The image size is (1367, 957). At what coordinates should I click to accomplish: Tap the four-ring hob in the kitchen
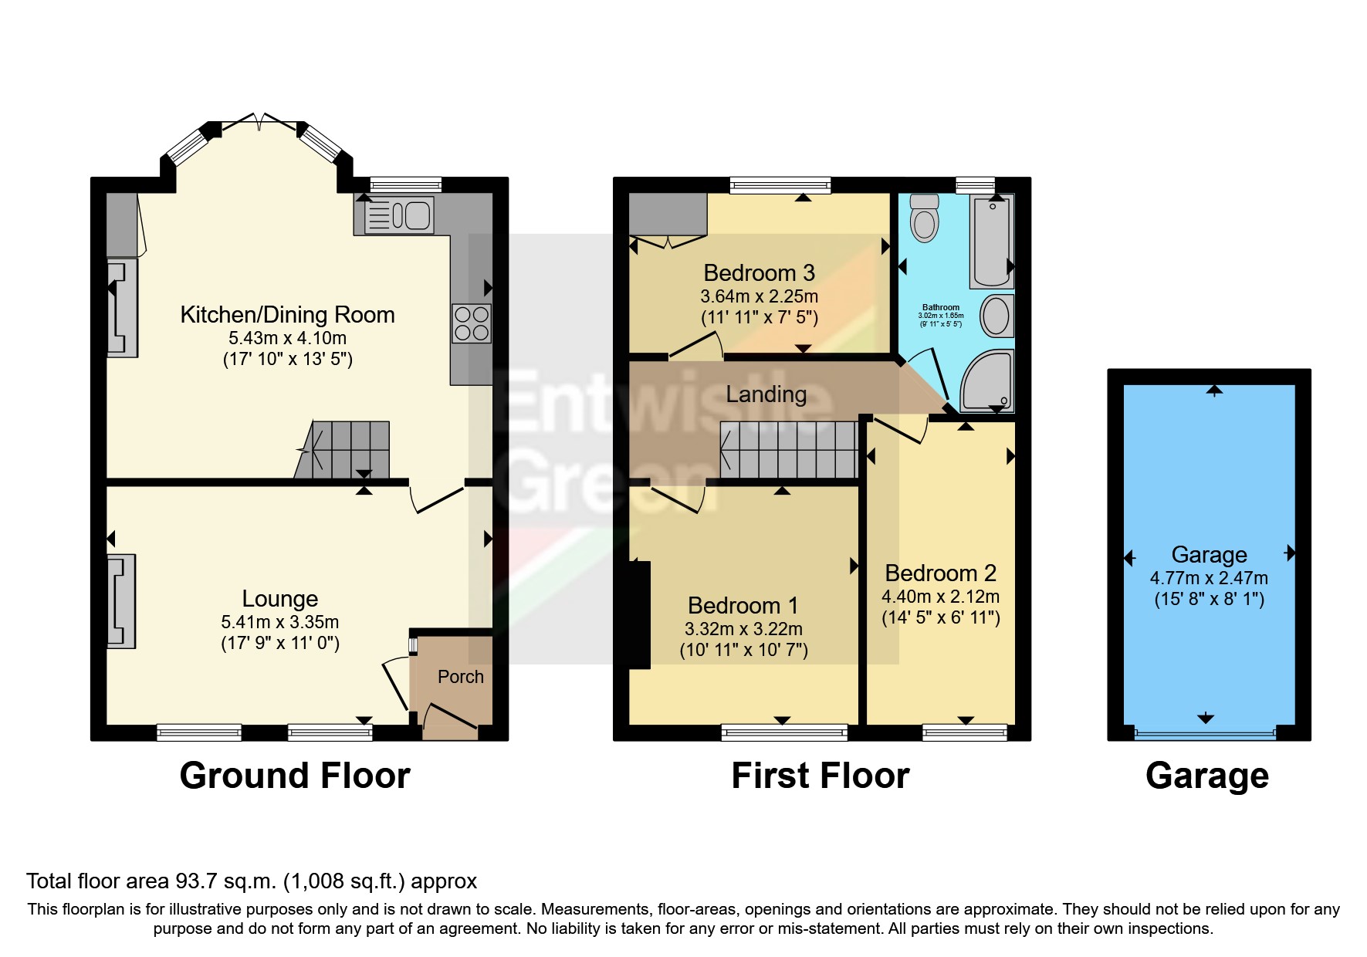click(471, 323)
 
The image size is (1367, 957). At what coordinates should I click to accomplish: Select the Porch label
click(460, 677)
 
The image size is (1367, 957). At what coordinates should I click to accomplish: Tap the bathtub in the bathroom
click(992, 241)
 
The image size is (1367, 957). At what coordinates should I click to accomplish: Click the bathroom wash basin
click(996, 316)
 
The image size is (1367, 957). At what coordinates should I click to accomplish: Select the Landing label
click(766, 394)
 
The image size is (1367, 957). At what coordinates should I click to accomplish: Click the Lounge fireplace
click(121, 601)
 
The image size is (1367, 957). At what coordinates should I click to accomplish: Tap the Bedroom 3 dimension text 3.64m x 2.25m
click(759, 296)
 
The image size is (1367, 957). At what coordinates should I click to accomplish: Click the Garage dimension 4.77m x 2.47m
click(1209, 578)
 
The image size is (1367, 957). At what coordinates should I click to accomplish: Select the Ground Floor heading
click(295, 776)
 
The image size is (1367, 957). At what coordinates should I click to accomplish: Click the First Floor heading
click(820, 776)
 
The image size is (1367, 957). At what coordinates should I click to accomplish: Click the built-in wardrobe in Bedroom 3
click(668, 214)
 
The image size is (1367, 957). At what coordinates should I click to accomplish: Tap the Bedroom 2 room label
click(940, 573)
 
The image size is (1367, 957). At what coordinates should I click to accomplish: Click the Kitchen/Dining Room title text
click(287, 315)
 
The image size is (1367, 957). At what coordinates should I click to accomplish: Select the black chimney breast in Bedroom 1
click(640, 614)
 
